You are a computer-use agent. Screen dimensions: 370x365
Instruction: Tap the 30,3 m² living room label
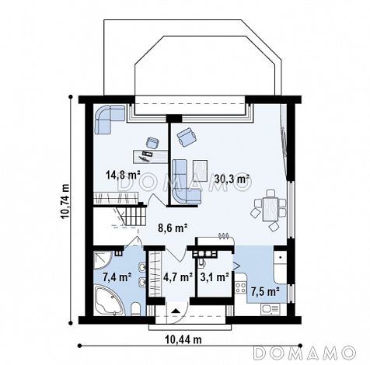[232, 179]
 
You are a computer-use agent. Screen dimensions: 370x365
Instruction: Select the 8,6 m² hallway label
[173, 228]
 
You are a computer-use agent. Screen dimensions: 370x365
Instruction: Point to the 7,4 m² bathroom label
[117, 277]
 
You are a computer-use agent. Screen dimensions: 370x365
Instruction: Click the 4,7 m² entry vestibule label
[178, 277]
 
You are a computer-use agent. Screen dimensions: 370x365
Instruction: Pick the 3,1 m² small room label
[215, 277]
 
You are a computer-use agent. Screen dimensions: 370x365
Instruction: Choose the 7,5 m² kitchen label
[265, 292]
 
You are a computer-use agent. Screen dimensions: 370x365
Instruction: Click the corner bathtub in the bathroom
[109, 301]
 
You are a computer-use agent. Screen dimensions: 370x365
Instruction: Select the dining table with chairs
[269, 210]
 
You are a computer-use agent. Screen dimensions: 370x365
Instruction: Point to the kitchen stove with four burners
[241, 288]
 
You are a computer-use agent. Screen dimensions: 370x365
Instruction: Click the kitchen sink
[271, 308]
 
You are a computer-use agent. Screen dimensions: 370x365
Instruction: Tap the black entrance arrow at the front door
[176, 311]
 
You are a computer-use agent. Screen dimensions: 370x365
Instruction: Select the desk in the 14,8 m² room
[150, 156]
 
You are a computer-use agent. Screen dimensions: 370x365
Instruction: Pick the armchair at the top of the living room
[187, 137]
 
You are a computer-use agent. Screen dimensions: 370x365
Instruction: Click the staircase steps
[131, 216]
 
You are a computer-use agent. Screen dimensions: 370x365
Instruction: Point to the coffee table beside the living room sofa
[200, 171]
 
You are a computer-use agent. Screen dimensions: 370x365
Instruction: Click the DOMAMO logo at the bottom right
[305, 353]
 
